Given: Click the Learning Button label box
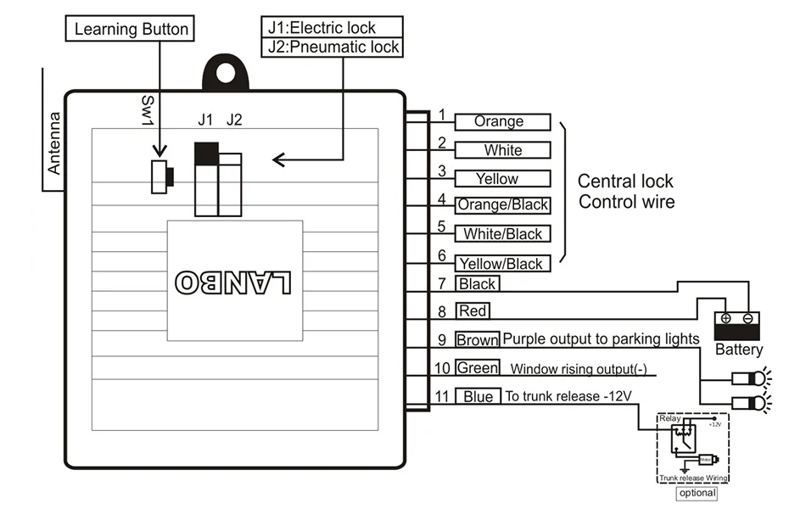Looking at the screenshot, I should pyautogui.click(x=131, y=29).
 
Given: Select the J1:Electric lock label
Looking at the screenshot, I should pyautogui.click(x=333, y=28).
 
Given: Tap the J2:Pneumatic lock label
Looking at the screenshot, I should pyautogui.click(x=333, y=47).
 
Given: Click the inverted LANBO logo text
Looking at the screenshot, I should pyautogui.click(x=233, y=282).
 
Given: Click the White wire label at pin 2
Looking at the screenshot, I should pyautogui.click(x=502, y=150).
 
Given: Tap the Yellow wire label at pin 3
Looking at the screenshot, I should pyautogui.click(x=502, y=179).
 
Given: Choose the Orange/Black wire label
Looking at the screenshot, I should pyautogui.click(x=502, y=204).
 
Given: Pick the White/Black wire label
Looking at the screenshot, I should pyautogui.click(x=502, y=234).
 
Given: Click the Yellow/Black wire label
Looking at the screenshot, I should pyautogui.click(x=502, y=264).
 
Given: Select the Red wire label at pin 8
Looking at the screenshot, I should pyautogui.click(x=473, y=310).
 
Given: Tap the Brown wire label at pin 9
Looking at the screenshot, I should pyautogui.click(x=477, y=339).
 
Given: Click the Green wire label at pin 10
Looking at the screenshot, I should pyautogui.click(x=477, y=368).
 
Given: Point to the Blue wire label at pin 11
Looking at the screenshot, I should pyautogui.click(x=477, y=396).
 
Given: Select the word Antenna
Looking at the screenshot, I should pyautogui.click(x=54, y=143).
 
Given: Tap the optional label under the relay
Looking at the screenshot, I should pyautogui.click(x=697, y=493).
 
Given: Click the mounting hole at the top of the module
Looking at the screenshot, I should pyautogui.click(x=227, y=73).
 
